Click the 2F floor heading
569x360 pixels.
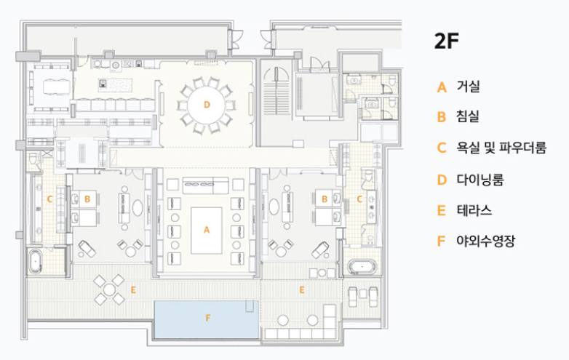click(x=446, y=41)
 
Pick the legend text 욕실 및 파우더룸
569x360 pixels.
click(x=501, y=148)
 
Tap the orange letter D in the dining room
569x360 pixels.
click(x=207, y=105)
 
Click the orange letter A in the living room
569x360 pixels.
click(x=207, y=230)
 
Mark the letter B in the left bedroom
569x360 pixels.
click(x=87, y=197)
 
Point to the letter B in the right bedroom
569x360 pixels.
click(x=324, y=197)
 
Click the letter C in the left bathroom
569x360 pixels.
click(x=49, y=198)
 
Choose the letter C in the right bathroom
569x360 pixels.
click(x=359, y=198)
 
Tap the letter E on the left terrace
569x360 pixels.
click(x=132, y=289)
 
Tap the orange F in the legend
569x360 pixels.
click(x=441, y=241)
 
